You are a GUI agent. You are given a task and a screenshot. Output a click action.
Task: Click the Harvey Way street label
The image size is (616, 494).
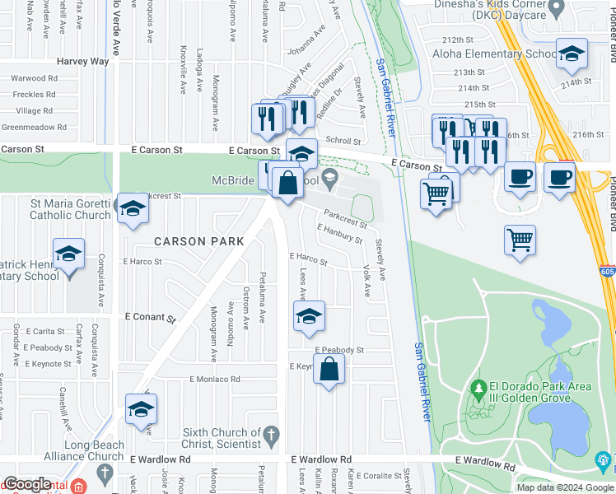[x=82, y=62]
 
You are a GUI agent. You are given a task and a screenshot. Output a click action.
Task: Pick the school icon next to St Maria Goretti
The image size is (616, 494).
[x=132, y=209]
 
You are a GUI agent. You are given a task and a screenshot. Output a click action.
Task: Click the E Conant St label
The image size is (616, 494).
[x=151, y=316]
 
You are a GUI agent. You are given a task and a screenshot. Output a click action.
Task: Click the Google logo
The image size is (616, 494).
[x=27, y=484]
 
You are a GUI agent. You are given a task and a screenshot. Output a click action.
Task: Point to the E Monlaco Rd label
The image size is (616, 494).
[x=214, y=380]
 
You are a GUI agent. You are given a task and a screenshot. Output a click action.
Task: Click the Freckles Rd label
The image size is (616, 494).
[x=35, y=94]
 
